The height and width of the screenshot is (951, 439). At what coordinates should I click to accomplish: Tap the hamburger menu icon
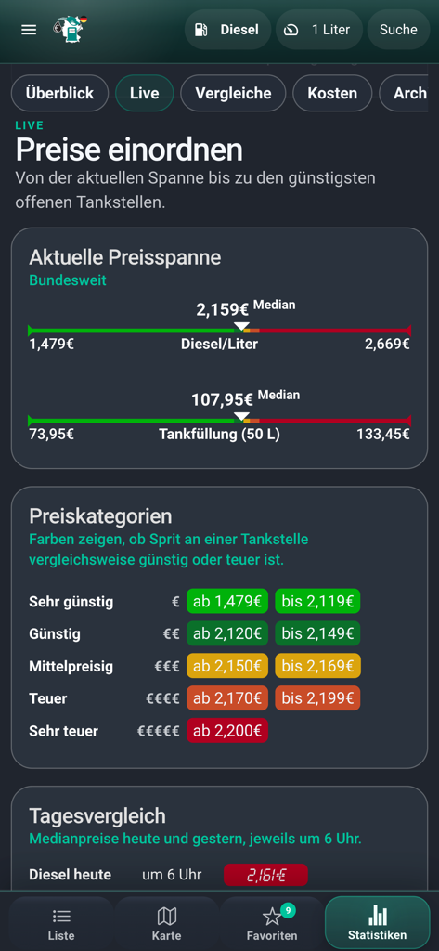[x=29, y=30]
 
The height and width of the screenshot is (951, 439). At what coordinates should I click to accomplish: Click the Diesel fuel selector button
[x=227, y=30]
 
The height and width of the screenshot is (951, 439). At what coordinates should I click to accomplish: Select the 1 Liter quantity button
[x=318, y=30]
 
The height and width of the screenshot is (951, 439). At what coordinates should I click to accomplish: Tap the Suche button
[x=398, y=30]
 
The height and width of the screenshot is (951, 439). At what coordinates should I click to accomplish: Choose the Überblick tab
[x=59, y=93]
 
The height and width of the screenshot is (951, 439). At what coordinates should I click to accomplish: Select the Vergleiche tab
[x=233, y=93]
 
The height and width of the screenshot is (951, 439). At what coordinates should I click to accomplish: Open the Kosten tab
[x=332, y=93]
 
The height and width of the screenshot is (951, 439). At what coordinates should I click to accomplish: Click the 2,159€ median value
[x=223, y=309]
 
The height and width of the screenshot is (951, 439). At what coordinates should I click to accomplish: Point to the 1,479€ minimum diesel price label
[x=52, y=344]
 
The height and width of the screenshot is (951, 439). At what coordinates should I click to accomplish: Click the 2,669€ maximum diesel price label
[x=387, y=344]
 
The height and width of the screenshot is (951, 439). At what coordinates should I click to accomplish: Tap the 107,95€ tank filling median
[x=223, y=399]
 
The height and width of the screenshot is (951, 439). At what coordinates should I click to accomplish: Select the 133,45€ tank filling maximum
[x=383, y=434]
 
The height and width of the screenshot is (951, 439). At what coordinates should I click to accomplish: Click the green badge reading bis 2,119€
[x=317, y=601]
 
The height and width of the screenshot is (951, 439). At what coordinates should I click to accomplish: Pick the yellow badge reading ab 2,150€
[x=227, y=666]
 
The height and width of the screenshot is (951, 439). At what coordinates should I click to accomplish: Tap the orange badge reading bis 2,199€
[x=317, y=698]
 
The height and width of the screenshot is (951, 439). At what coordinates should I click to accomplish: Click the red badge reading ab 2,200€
[x=227, y=731]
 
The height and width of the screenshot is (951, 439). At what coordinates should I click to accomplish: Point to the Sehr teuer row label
[x=63, y=731]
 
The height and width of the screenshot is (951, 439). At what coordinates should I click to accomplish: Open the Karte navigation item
[x=167, y=923]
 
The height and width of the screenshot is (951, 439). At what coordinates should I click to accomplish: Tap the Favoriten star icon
[x=272, y=917]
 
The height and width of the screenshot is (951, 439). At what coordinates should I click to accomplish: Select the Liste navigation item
[x=61, y=923]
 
